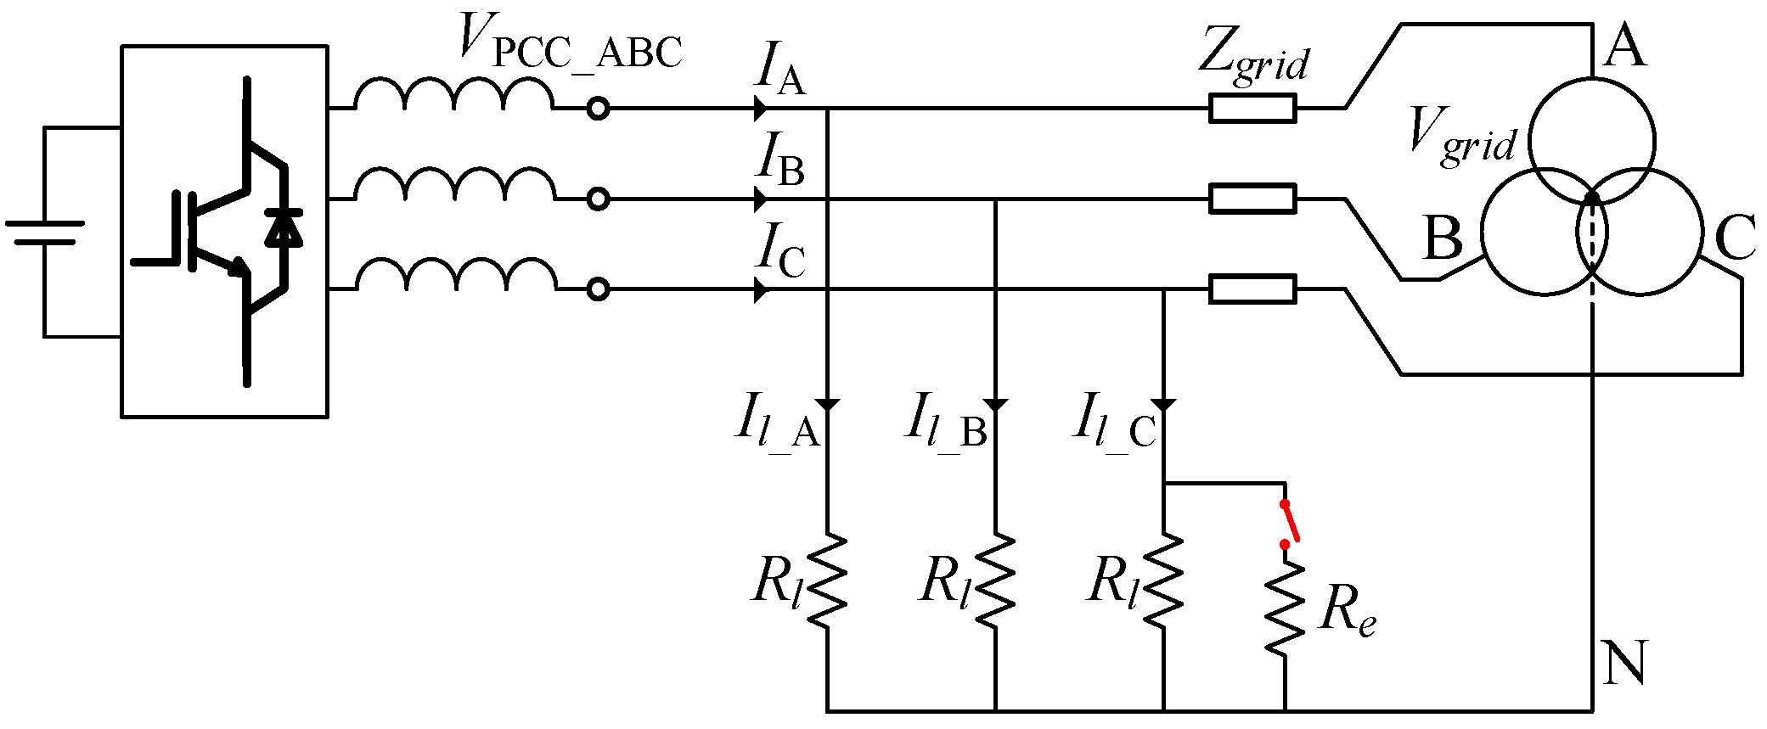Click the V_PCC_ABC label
click(569, 42)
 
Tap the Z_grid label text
click(1253, 55)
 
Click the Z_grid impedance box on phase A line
click(1252, 109)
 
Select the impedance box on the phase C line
click(1252, 289)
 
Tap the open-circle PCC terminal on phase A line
click(599, 109)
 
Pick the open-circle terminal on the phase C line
click(599, 289)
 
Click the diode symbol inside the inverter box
click(284, 227)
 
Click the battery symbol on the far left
click(44, 232)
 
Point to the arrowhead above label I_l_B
click(995, 405)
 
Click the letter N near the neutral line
click(1625, 662)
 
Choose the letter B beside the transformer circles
click(1443, 238)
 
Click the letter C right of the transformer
click(1735, 238)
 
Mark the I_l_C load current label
click(1115, 422)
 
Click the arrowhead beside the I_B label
click(761, 199)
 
